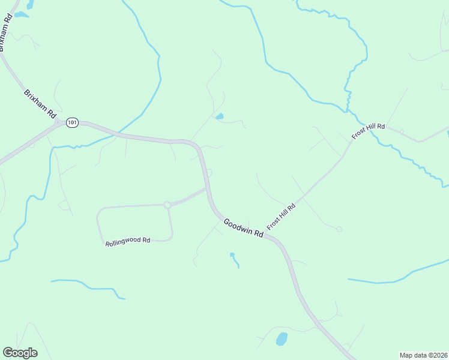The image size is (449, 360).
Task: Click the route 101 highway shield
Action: pyautogui.click(x=72, y=122)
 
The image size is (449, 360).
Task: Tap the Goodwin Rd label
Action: pyautogui.click(x=244, y=229)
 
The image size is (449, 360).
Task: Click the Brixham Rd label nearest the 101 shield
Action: pyautogui.click(x=40, y=103)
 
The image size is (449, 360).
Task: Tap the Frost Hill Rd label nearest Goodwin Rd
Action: pyautogui.click(x=282, y=217)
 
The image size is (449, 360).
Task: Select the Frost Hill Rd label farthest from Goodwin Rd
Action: pyautogui.click(x=368, y=131)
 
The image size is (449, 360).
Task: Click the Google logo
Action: pyautogui.click(x=20, y=353)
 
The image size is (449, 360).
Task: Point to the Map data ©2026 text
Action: pyautogui.click(x=423, y=355)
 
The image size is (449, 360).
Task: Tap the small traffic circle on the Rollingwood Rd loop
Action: pyautogui.click(x=167, y=205)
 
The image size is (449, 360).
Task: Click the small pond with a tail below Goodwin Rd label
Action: pyautogui.click(x=232, y=255)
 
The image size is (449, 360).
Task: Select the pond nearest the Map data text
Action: pyautogui.click(x=282, y=339)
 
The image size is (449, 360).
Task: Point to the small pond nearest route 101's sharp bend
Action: pyautogui.click(x=220, y=116)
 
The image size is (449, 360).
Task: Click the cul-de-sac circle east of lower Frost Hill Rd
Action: pyautogui.click(x=339, y=229)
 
